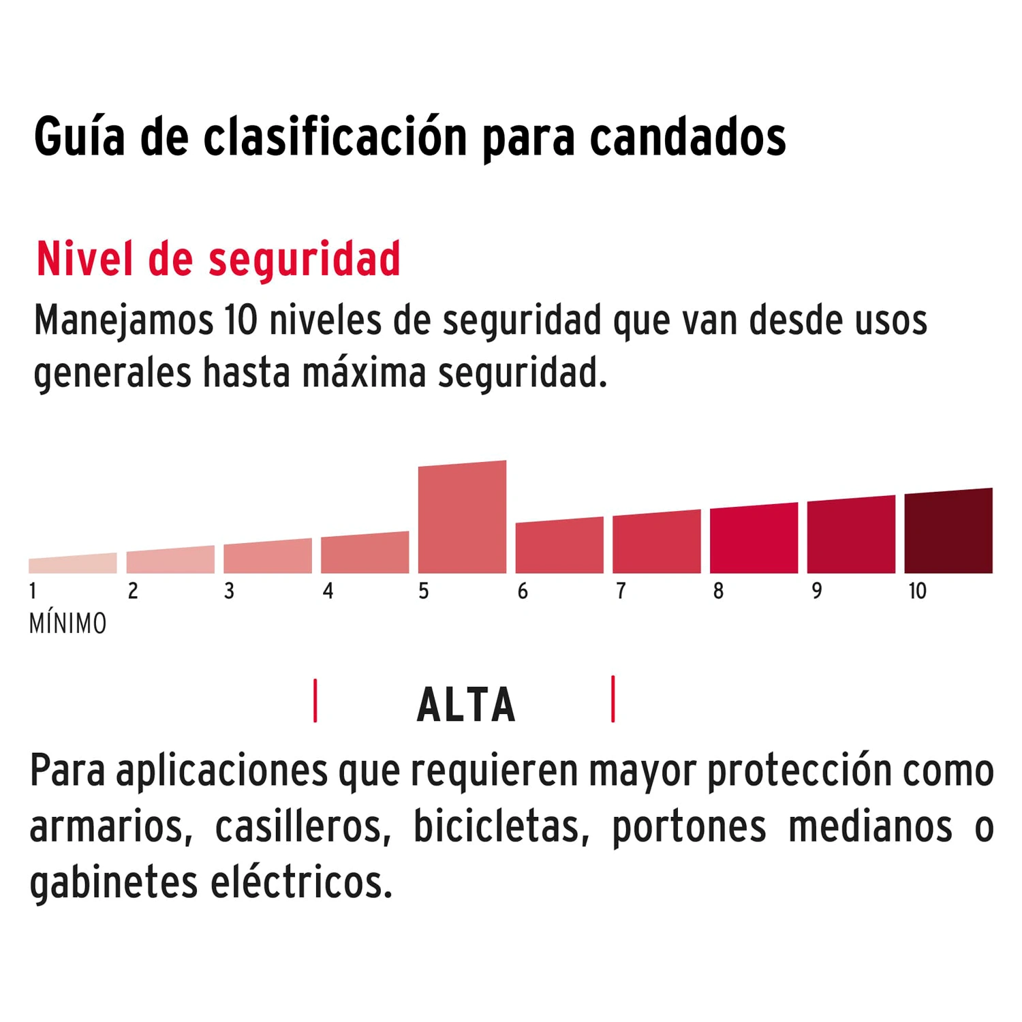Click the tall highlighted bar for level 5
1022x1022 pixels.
(x=462, y=518)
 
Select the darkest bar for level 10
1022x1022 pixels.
(x=948, y=531)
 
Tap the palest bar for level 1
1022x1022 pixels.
(x=73, y=564)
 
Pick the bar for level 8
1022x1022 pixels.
(x=754, y=539)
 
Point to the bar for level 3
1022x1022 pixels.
(x=268, y=557)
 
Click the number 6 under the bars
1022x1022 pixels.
(x=523, y=591)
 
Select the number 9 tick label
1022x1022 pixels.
(x=816, y=591)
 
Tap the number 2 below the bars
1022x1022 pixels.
(x=133, y=591)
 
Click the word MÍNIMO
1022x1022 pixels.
(x=68, y=624)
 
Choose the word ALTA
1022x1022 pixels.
(x=466, y=705)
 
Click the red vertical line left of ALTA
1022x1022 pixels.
(x=315, y=700)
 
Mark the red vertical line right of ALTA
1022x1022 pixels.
(x=613, y=699)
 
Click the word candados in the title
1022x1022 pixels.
(x=687, y=138)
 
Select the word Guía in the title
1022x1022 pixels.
(x=80, y=138)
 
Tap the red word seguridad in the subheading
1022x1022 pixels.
(x=305, y=260)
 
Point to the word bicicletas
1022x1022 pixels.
(x=497, y=827)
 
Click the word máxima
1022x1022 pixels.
(x=364, y=373)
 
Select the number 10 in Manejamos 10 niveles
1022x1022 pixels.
(x=241, y=320)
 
